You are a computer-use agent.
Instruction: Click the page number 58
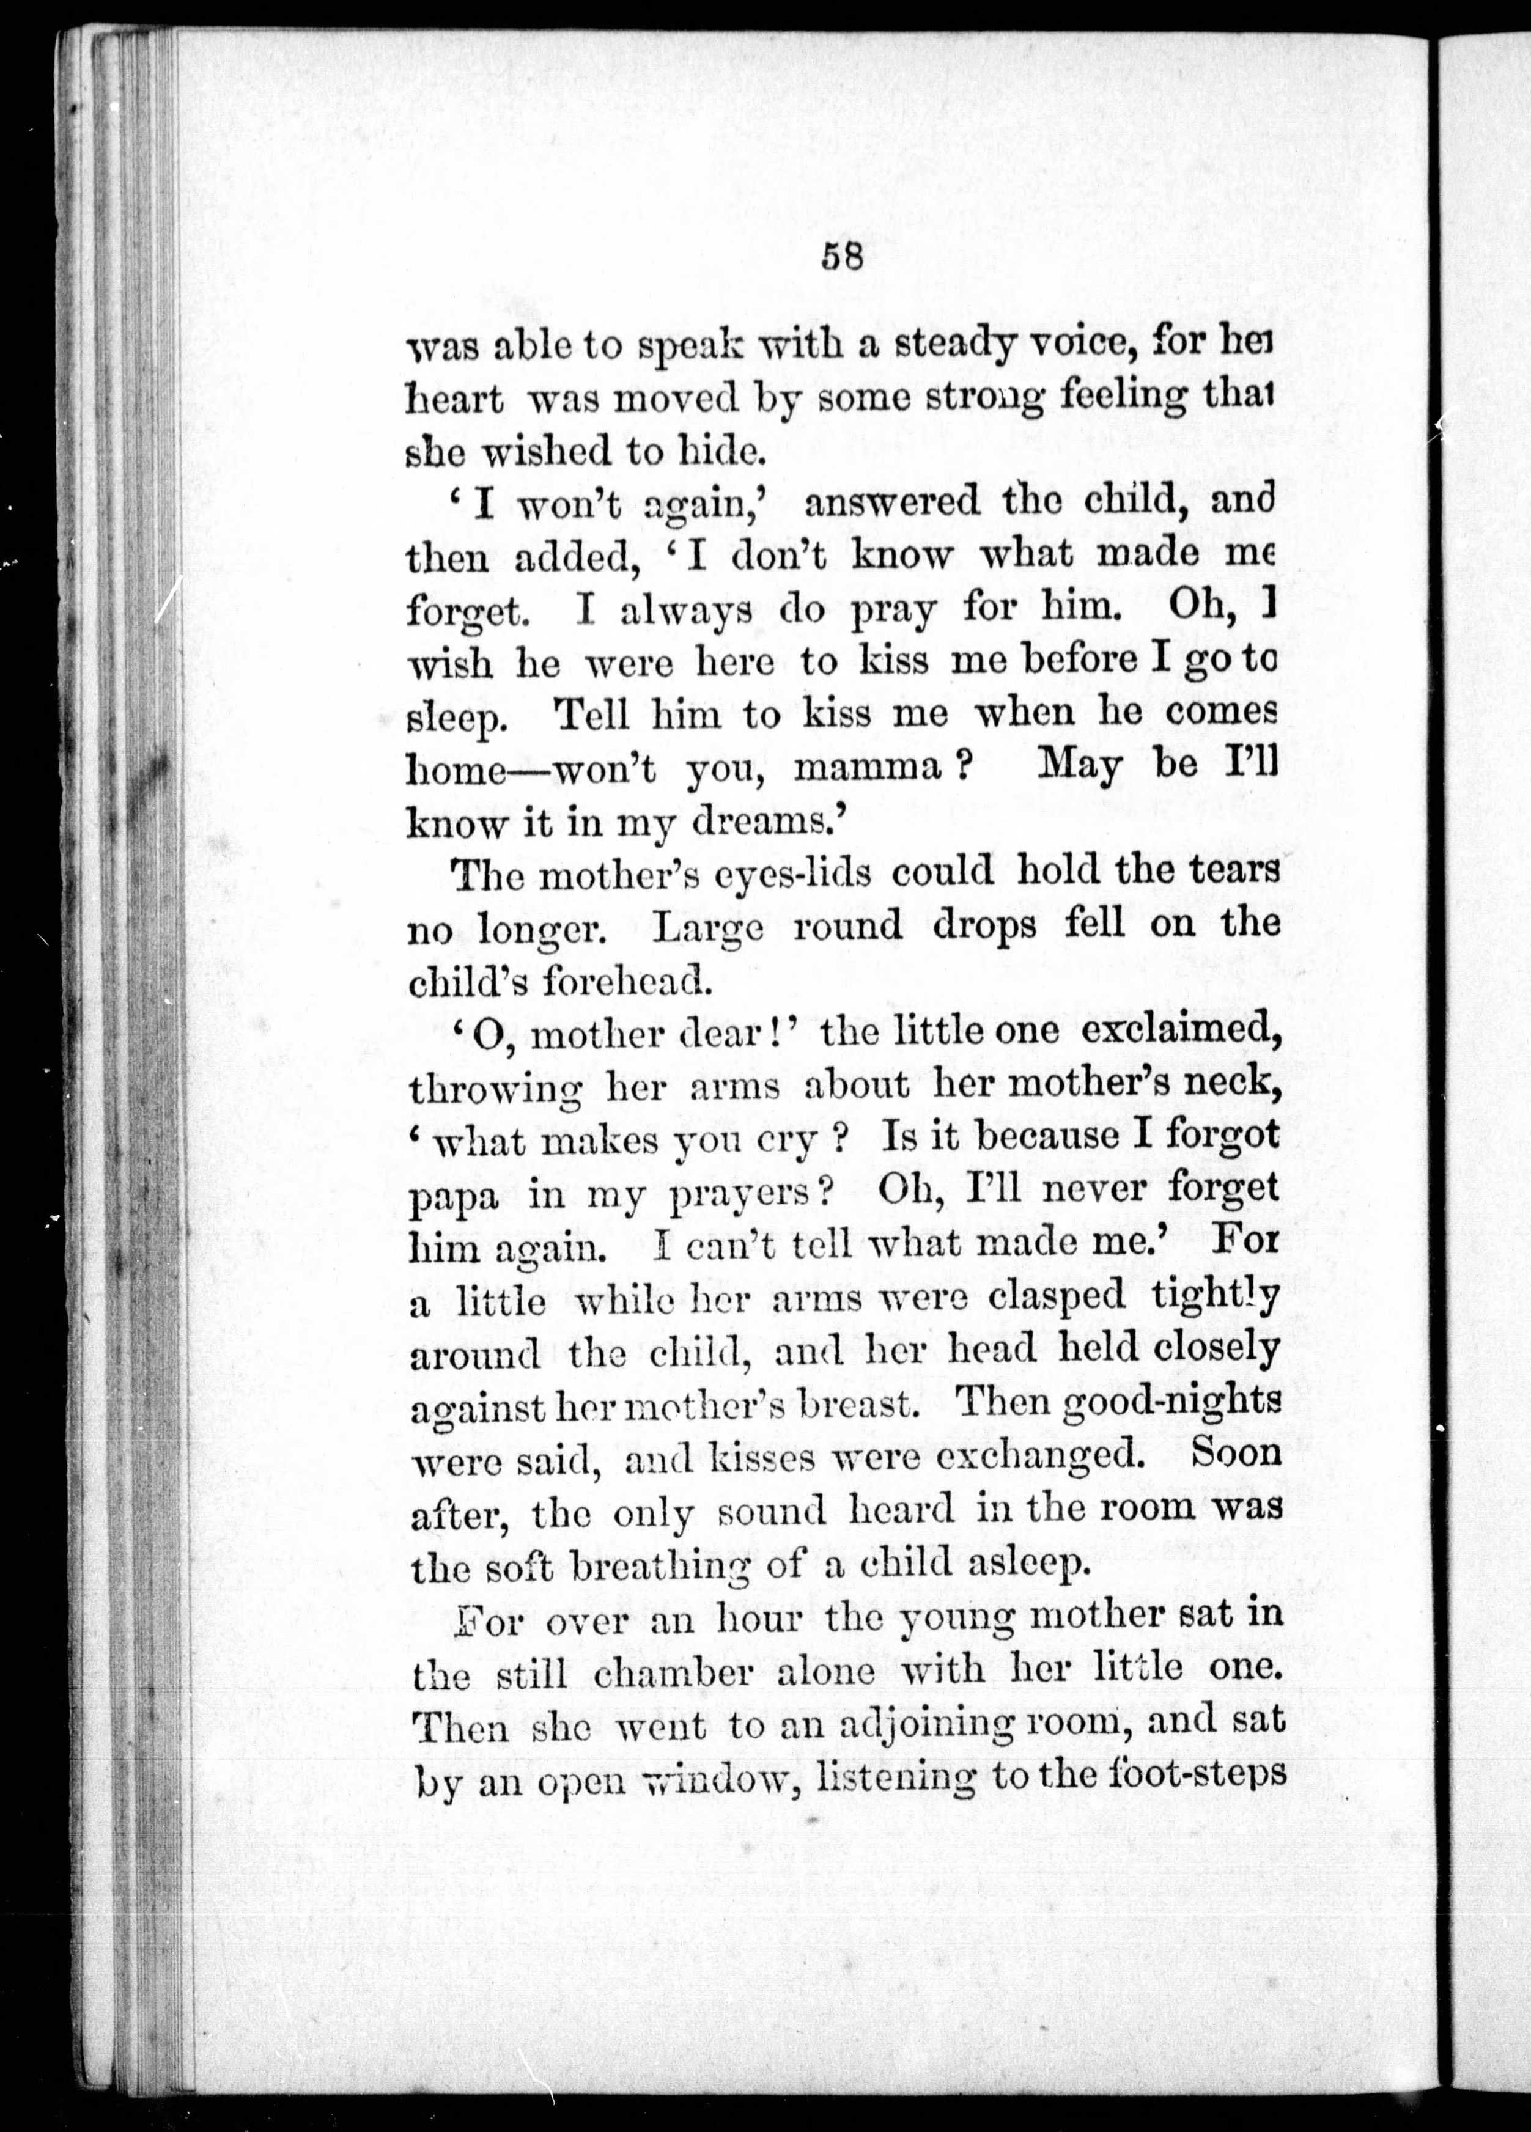point(842,257)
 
